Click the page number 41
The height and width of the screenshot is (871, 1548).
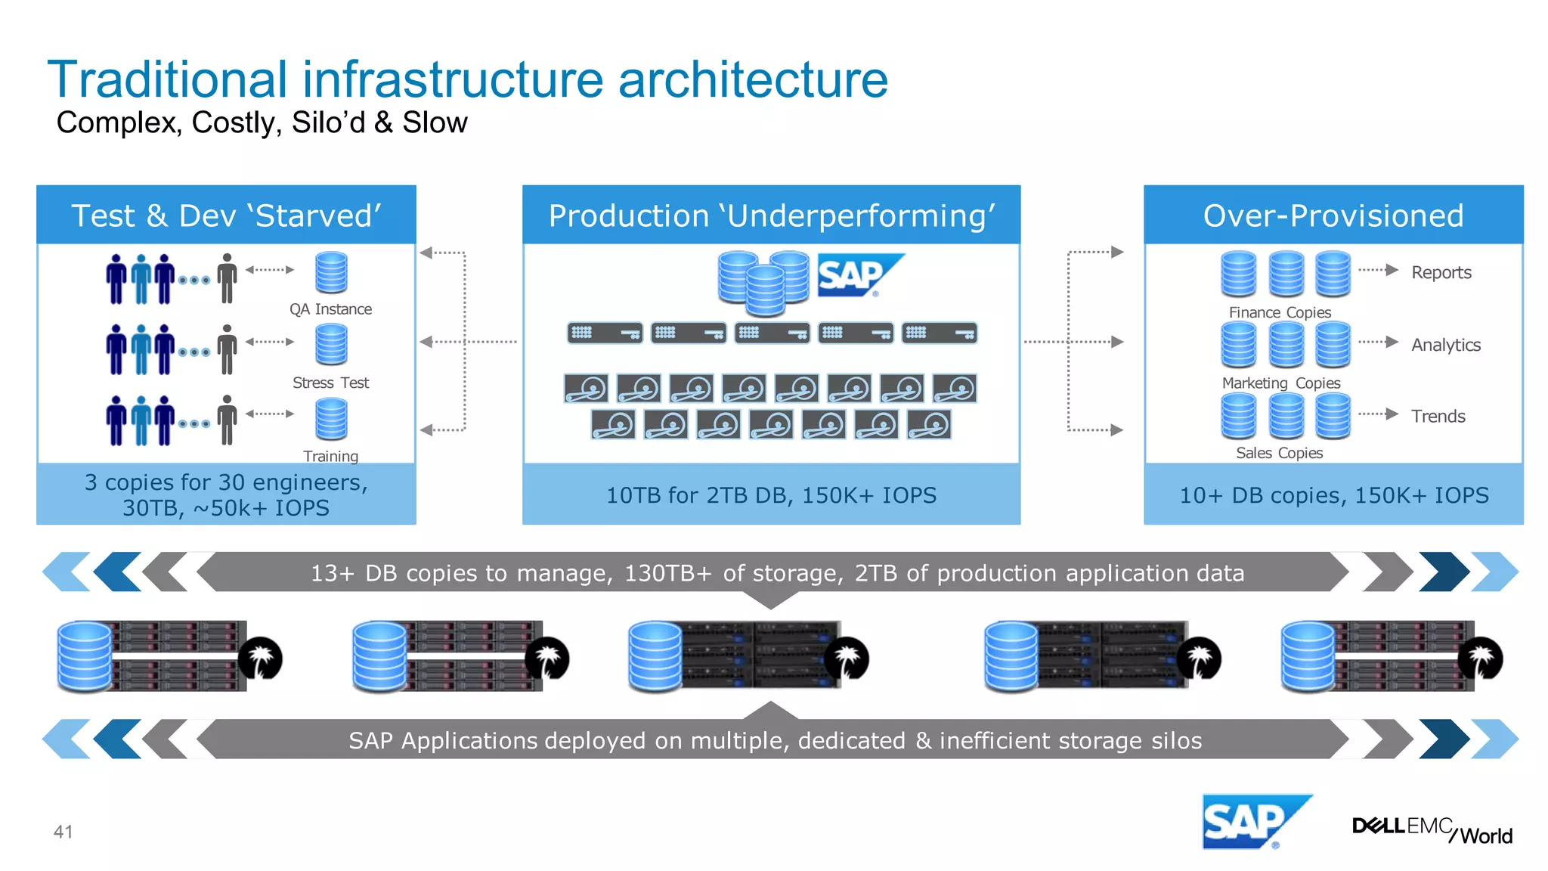click(x=63, y=832)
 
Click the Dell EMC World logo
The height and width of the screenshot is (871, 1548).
click(x=1432, y=829)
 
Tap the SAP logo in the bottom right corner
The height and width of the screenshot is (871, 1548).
click(x=1255, y=822)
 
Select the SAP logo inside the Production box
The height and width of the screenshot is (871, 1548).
click(x=859, y=274)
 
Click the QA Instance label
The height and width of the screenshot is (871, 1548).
click(x=330, y=309)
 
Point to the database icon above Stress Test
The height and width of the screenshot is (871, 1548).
click(x=331, y=344)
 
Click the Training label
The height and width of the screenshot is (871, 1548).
click(x=330, y=456)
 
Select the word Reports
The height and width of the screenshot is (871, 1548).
click(x=1441, y=272)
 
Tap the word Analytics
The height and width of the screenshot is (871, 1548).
click(x=1445, y=345)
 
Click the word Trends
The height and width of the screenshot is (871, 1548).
click(x=1438, y=416)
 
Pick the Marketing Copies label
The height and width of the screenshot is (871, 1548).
click(x=1280, y=383)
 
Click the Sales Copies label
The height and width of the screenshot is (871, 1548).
click(x=1279, y=453)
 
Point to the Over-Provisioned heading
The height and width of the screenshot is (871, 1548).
click(x=1333, y=215)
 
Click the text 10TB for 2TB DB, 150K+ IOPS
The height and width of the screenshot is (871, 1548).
click(x=771, y=495)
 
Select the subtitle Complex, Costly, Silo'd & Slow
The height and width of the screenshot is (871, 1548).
click(x=262, y=122)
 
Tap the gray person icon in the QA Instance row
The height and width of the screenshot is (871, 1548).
click(x=227, y=277)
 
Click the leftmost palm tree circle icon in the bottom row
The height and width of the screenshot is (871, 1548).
click(x=260, y=658)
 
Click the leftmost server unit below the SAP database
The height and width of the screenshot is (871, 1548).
click(x=605, y=333)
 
